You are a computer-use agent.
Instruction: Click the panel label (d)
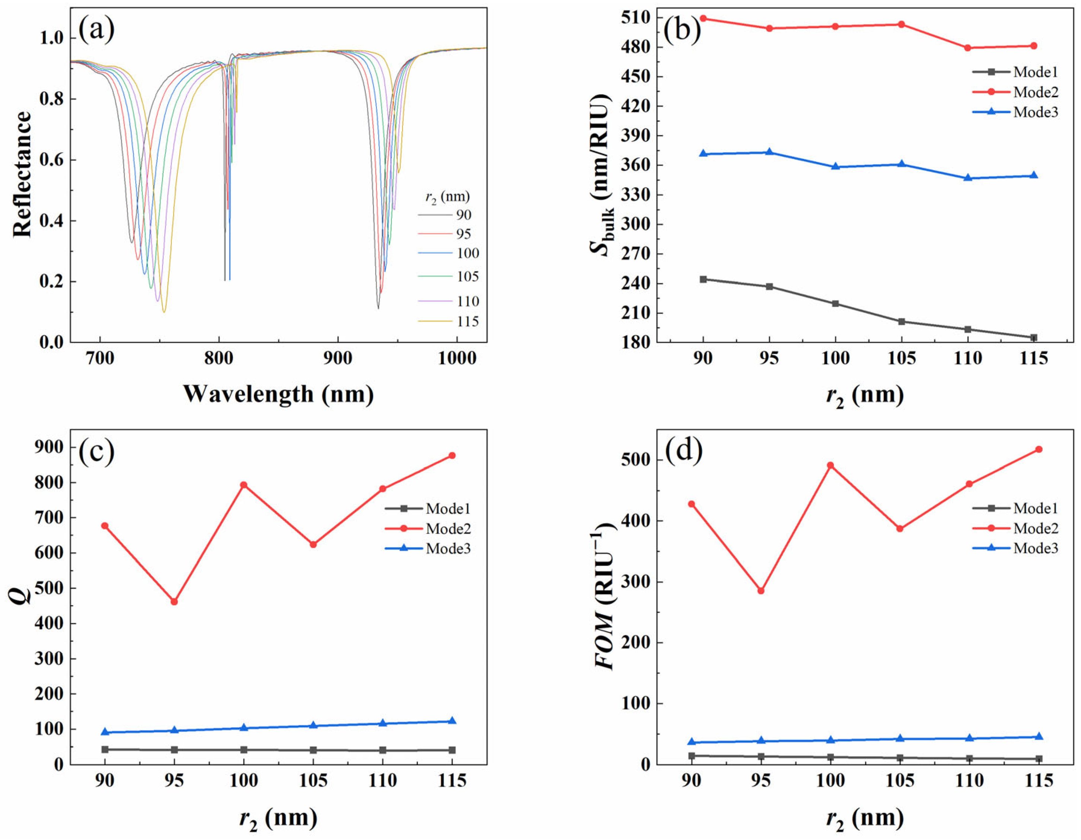click(x=684, y=451)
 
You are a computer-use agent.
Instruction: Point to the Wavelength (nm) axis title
click(x=278, y=394)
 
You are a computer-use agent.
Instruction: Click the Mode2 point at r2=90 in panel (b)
click(x=703, y=18)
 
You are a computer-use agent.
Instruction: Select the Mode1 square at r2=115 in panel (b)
click(x=1034, y=337)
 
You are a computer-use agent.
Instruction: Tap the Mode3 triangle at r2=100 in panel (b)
click(x=835, y=167)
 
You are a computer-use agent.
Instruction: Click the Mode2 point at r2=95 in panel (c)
click(x=174, y=602)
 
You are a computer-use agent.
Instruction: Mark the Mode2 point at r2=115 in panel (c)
click(x=452, y=455)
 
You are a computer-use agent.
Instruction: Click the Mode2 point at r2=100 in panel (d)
click(x=831, y=465)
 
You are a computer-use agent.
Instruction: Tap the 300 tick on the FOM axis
click(x=635, y=582)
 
